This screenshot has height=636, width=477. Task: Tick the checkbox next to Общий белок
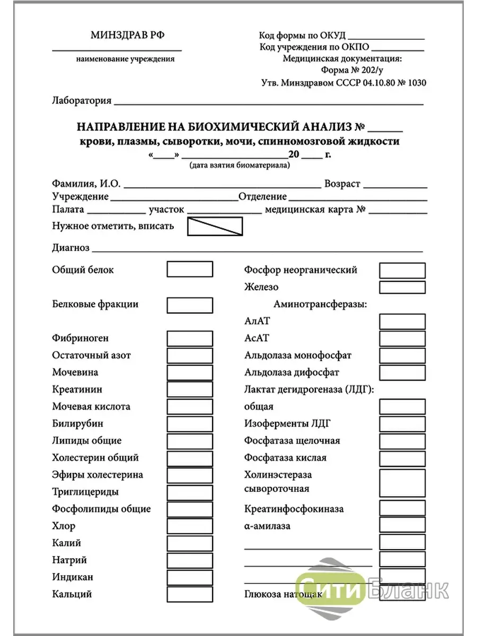(x=190, y=269)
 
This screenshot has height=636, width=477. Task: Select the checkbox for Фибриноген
(x=190, y=338)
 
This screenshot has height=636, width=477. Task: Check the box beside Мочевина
(x=190, y=372)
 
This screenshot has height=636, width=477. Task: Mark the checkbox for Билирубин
(x=190, y=423)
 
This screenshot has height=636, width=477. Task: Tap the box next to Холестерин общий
(x=190, y=457)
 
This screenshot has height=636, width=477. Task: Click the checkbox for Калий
(x=190, y=543)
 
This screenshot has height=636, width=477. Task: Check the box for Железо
(x=402, y=287)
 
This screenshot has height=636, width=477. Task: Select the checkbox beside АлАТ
(x=402, y=321)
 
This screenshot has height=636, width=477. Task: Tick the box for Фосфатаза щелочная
(x=402, y=440)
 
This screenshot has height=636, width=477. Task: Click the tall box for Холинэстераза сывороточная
(x=402, y=482)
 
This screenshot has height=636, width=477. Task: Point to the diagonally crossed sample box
(x=215, y=226)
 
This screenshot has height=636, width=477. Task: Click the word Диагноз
(x=70, y=248)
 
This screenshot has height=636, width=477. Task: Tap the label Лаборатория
(x=82, y=101)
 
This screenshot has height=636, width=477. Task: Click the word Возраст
(x=342, y=184)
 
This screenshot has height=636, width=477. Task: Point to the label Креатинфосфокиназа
(x=294, y=509)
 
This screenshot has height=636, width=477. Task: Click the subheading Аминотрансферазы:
(x=320, y=304)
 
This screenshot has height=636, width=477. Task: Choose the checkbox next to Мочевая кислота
(x=190, y=407)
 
